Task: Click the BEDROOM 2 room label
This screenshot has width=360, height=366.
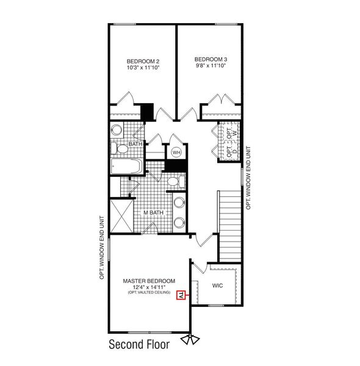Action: pos(143,61)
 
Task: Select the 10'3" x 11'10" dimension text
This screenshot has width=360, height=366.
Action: pos(143,68)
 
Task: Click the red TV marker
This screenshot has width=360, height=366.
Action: pos(181,296)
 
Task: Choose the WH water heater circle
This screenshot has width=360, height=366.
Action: pos(176,152)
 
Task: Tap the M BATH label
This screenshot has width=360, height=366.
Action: pos(153,212)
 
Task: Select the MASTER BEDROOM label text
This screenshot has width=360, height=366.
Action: pos(149,281)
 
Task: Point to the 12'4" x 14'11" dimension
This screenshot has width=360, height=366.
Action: pos(149,288)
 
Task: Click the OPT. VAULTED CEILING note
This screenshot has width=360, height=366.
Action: pos(149,294)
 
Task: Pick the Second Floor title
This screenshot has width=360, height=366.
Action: pos(139,344)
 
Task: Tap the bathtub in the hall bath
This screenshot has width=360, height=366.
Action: pos(126,167)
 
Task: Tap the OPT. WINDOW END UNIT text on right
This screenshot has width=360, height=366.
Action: pos(249,178)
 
